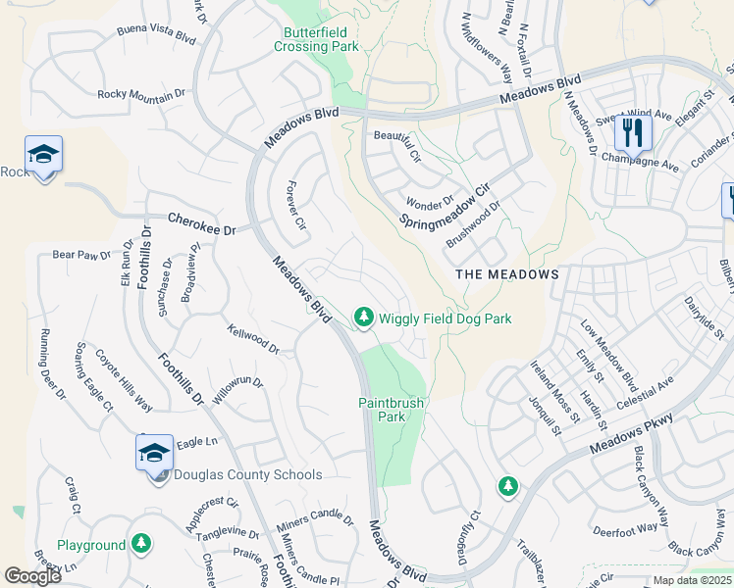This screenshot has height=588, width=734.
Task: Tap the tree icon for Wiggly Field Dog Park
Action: coord(364,317)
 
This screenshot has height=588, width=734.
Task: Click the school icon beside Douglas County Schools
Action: coord(154,454)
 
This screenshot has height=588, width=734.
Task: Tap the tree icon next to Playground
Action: coord(141,543)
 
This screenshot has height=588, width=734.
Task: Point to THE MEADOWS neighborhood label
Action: coord(507,274)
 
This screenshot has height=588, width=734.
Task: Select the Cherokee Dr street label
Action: coord(202,223)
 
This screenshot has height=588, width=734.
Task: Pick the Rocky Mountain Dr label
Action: coord(141,94)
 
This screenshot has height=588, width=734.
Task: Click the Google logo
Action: coord(32,576)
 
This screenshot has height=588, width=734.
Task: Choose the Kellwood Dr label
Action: coord(252,340)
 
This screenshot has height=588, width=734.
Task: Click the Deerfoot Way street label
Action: coord(625,529)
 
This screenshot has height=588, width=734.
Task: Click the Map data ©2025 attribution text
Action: coord(692,580)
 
